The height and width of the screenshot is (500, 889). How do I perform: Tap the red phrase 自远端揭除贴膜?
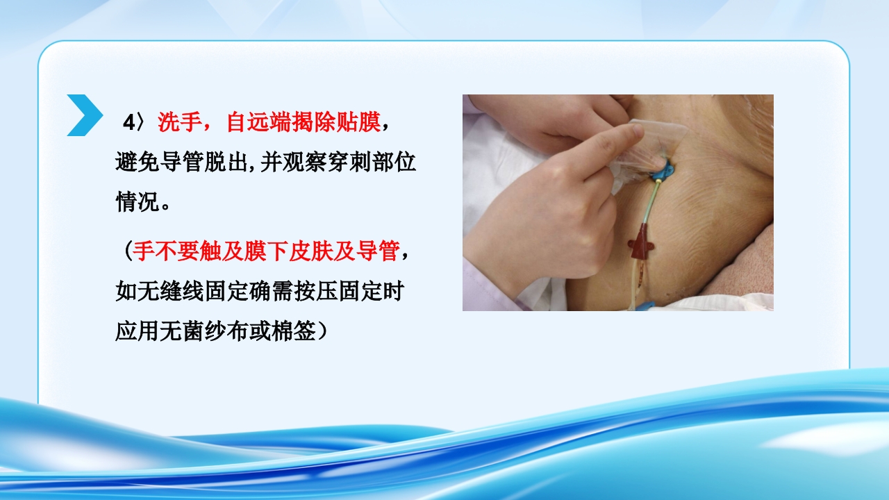[x=304, y=123]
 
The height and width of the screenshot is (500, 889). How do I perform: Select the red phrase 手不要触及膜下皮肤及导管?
[x=266, y=251]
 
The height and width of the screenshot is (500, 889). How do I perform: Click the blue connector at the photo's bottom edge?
[x=645, y=306]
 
